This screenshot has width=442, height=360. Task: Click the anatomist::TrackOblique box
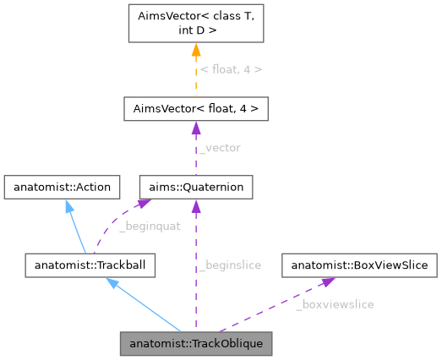196,344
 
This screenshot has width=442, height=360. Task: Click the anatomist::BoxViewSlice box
360,265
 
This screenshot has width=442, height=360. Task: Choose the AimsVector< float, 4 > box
196,109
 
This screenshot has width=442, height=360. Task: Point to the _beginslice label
230,265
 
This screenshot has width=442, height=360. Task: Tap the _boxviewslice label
335,304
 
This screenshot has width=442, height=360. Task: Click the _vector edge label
219,148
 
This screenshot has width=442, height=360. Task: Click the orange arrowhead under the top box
196,50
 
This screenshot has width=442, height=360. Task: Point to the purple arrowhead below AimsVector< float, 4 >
196,128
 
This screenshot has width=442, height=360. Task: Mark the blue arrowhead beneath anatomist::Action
68,205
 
